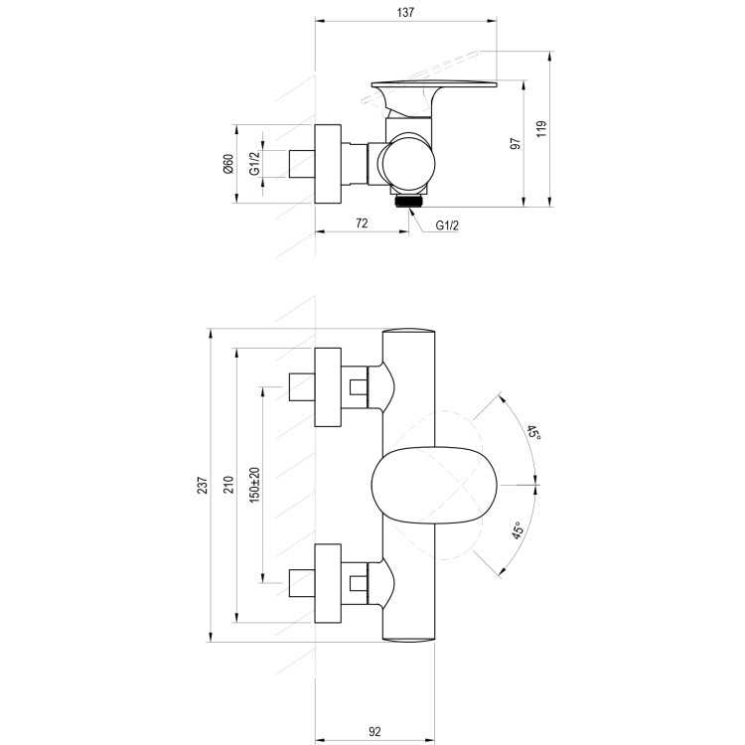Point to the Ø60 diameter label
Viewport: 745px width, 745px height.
(227, 164)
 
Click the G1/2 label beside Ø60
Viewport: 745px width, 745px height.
(254, 164)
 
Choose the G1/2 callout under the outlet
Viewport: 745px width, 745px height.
(447, 225)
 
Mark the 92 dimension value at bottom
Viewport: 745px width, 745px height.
(375, 732)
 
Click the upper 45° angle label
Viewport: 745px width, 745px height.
(533, 433)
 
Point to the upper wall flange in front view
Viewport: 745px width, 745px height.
(328, 388)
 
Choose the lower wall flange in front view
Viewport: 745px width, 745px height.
(328, 583)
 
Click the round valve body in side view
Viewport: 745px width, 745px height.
(408, 159)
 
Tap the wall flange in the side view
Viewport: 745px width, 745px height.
(328, 164)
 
